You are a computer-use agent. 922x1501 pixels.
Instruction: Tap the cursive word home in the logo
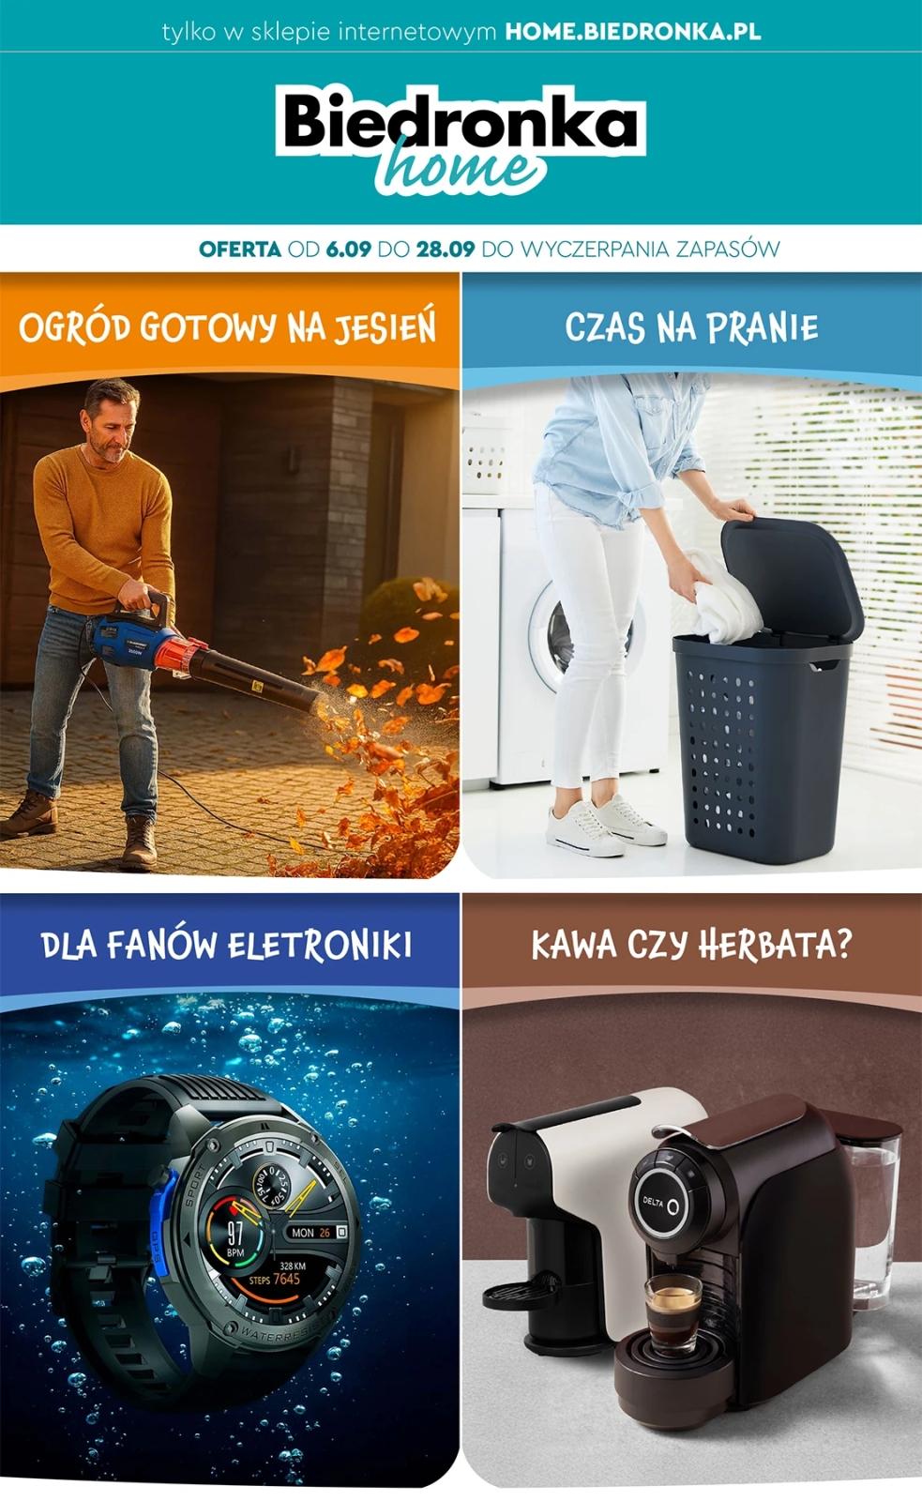click(460, 169)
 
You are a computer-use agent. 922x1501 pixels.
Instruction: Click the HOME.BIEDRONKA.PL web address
click(632, 31)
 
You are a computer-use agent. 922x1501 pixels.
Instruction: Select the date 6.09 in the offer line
click(349, 250)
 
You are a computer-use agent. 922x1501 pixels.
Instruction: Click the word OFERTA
click(239, 250)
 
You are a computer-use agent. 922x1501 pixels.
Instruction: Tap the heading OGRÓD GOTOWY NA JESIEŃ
click(228, 328)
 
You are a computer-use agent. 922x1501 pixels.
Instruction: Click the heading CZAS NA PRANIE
click(691, 328)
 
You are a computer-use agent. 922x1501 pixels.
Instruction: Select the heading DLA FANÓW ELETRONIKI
click(227, 945)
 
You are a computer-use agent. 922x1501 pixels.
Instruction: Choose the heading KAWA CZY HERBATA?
click(691, 945)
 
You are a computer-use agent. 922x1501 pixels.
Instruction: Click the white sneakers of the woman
click(604, 823)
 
